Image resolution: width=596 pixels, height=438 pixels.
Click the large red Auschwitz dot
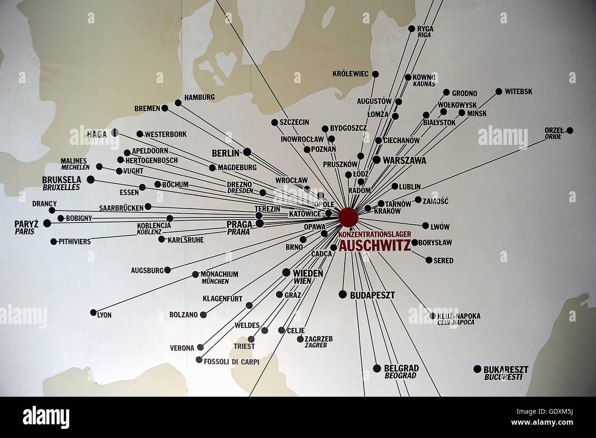(x=348, y=216)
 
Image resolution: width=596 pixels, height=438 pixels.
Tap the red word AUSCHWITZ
(x=375, y=246)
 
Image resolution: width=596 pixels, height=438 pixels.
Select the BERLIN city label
(x=226, y=153)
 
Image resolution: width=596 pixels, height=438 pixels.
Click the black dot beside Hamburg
(x=178, y=103)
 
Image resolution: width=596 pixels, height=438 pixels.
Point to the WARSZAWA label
(x=404, y=161)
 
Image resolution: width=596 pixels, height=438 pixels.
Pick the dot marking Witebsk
(x=499, y=92)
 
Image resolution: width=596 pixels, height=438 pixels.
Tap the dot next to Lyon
(x=94, y=312)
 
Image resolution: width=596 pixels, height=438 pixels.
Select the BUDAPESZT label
(x=372, y=295)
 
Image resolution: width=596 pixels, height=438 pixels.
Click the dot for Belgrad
(x=377, y=368)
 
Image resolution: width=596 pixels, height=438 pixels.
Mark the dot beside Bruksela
(x=91, y=179)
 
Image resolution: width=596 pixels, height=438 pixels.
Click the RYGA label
(x=425, y=28)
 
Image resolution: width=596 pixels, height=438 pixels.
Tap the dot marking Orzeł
(x=570, y=130)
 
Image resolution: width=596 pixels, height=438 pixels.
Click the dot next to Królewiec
(x=375, y=74)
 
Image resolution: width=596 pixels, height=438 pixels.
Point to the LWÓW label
(x=440, y=227)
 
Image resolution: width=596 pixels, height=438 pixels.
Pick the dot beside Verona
(x=200, y=347)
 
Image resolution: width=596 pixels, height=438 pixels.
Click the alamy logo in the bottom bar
(x=46, y=417)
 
